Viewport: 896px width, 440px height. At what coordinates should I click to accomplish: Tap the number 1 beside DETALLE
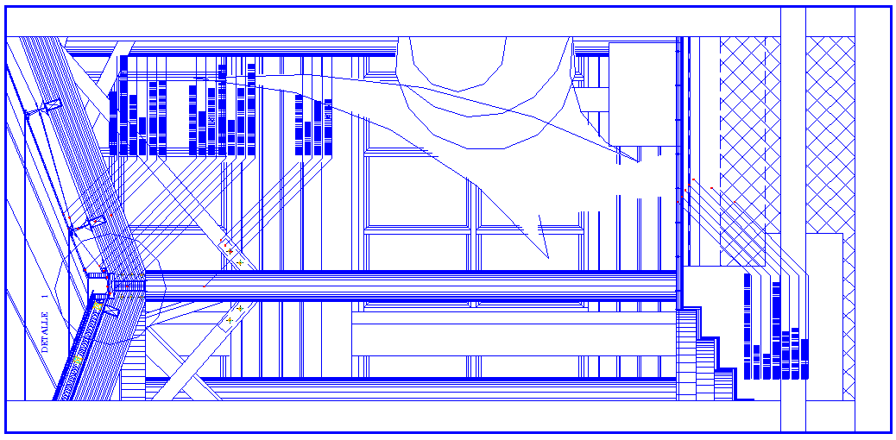(45, 296)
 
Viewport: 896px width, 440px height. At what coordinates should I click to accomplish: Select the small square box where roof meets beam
(97, 283)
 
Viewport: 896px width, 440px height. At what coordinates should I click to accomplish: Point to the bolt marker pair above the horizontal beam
(235, 256)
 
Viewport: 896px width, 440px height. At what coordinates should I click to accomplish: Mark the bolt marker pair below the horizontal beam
(235, 314)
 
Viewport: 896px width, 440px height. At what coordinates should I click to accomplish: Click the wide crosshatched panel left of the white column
(742, 129)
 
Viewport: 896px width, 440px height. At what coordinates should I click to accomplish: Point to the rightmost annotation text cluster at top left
(313, 125)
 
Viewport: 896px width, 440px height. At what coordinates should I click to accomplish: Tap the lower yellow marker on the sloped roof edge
(78, 359)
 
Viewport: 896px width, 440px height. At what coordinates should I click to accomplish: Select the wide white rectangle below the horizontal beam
(513, 334)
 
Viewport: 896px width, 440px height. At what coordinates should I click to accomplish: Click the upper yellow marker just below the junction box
(98, 306)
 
